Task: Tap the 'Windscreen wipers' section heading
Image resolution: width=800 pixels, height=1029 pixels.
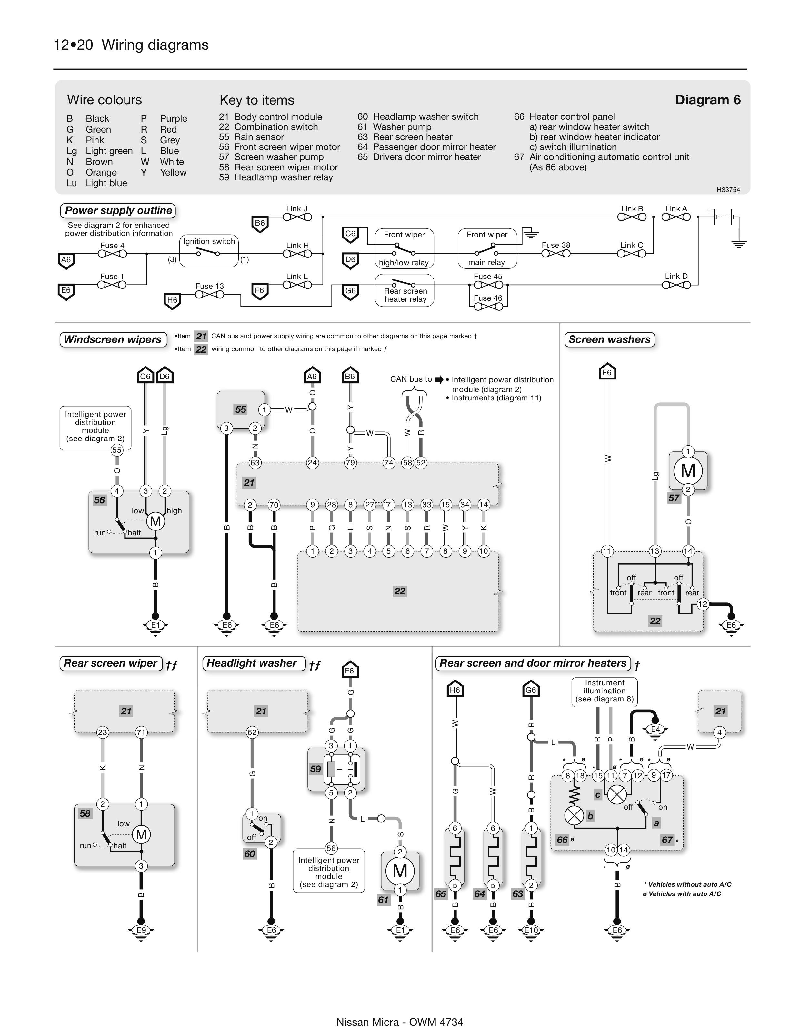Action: coord(113,339)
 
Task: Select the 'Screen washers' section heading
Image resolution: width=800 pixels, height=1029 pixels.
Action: coord(609,339)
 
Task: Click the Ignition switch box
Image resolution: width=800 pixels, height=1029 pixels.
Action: coord(209,251)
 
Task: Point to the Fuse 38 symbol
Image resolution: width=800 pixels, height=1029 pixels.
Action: coord(555,254)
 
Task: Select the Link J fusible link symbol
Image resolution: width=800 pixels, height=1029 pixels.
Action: coord(297,217)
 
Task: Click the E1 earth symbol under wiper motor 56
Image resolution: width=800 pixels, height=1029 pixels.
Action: coord(155,625)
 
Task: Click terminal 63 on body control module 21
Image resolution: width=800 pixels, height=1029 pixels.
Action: coord(255,463)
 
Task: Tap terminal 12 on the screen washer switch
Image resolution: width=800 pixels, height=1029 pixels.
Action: coord(703,604)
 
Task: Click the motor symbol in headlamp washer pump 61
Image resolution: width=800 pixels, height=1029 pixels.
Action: coord(400,870)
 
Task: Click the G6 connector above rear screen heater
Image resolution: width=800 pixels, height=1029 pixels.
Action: coord(531,690)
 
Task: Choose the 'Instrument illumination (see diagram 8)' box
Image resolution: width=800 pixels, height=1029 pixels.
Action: coord(605,691)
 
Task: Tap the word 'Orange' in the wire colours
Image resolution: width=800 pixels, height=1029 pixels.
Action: coord(101,172)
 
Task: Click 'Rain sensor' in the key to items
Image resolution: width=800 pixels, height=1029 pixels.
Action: coord(259,137)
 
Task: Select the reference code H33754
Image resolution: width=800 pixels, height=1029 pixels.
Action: coord(728,190)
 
